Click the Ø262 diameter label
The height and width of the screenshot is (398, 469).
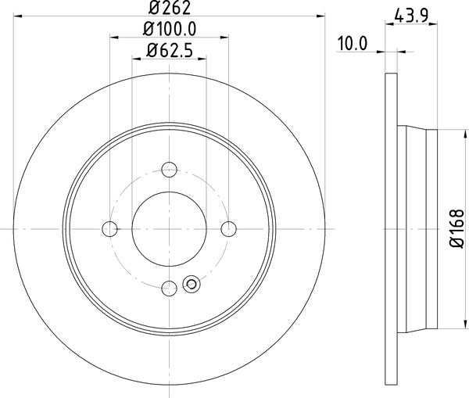[x=170, y=10]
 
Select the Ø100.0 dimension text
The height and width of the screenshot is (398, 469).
[x=169, y=30]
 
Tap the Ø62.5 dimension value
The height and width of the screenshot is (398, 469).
[x=169, y=53]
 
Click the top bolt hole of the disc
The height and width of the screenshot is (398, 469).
[x=169, y=168]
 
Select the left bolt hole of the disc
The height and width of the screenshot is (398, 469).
[x=109, y=228]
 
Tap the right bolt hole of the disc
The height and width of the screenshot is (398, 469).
[x=228, y=228]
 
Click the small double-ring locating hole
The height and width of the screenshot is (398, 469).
[x=190, y=284]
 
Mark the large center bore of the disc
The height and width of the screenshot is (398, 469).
[x=169, y=228]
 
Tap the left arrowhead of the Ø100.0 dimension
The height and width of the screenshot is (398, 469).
[x=113, y=36]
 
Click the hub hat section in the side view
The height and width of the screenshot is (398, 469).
[x=418, y=228]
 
